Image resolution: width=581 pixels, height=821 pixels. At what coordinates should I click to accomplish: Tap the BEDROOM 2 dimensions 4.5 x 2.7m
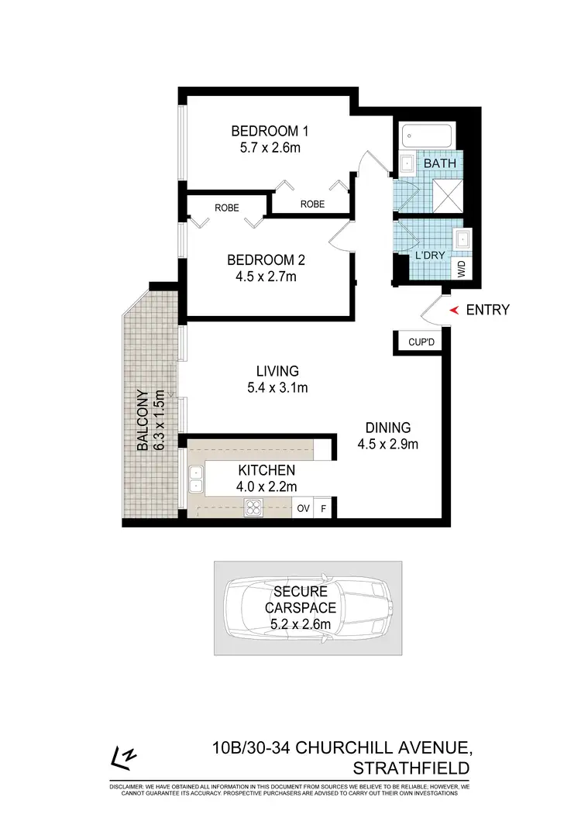(x=261, y=276)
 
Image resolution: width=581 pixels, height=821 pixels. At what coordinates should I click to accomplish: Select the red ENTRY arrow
(x=455, y=310)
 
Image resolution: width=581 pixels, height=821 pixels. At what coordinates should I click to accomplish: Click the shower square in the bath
(x=447, y=194)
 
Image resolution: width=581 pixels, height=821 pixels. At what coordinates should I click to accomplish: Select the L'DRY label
(x=431, y=255)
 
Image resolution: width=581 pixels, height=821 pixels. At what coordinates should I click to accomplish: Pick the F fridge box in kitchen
(x=324, y=509)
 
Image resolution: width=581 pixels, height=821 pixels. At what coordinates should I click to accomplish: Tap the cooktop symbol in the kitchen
(x=253, y=508)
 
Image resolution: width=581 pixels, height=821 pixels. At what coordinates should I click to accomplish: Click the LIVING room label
(x=268, y=371)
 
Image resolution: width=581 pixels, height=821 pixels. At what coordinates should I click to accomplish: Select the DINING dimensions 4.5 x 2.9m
(x=388, y=444)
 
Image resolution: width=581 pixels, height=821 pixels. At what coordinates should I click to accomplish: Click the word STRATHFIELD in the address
(x=411, y=768)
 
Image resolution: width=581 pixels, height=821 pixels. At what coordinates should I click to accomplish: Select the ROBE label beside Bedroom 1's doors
(x=312, y=204)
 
